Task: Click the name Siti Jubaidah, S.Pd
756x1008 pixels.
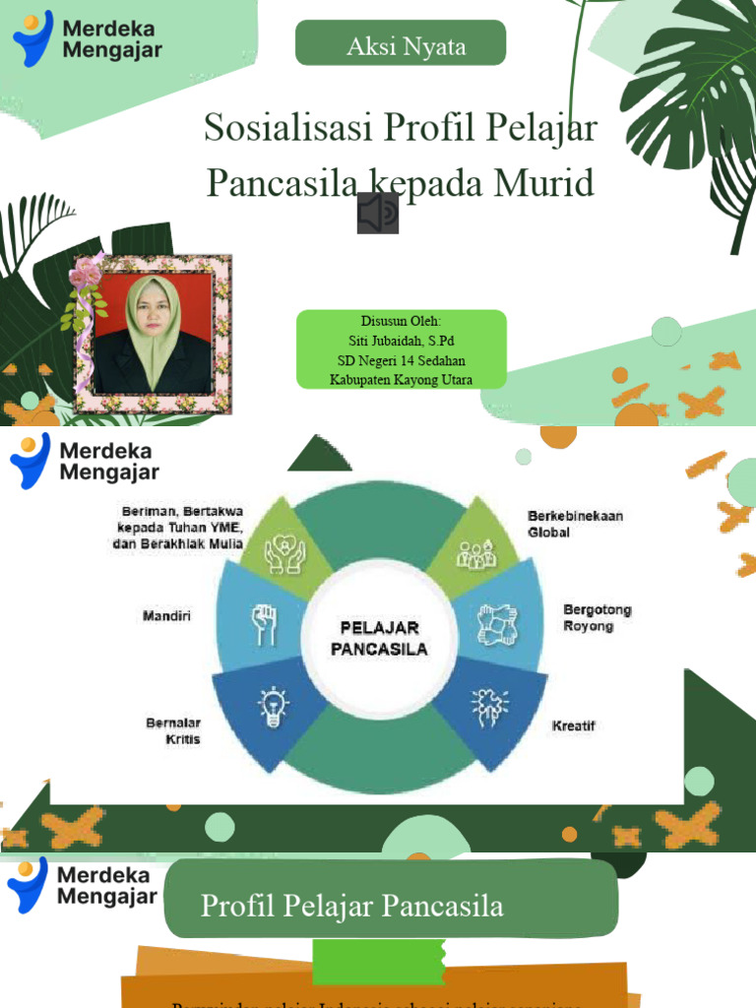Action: (401, 341)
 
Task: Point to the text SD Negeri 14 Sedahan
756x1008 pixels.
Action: (401, 360)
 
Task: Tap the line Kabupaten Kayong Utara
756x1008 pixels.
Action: (401, 380)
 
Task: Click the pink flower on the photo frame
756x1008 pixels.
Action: (85, 274)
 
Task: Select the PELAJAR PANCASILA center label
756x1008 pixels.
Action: (379, 638)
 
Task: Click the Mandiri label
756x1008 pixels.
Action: (166, 616)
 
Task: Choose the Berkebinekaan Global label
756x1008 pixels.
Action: (575, 524)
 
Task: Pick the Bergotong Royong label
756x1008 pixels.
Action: (597, 617)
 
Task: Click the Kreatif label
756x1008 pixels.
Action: (573, 726)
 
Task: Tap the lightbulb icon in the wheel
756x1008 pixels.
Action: (273, 705)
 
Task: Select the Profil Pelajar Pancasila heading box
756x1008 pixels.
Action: (391, 906)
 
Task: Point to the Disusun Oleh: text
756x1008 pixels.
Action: (401, 321)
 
